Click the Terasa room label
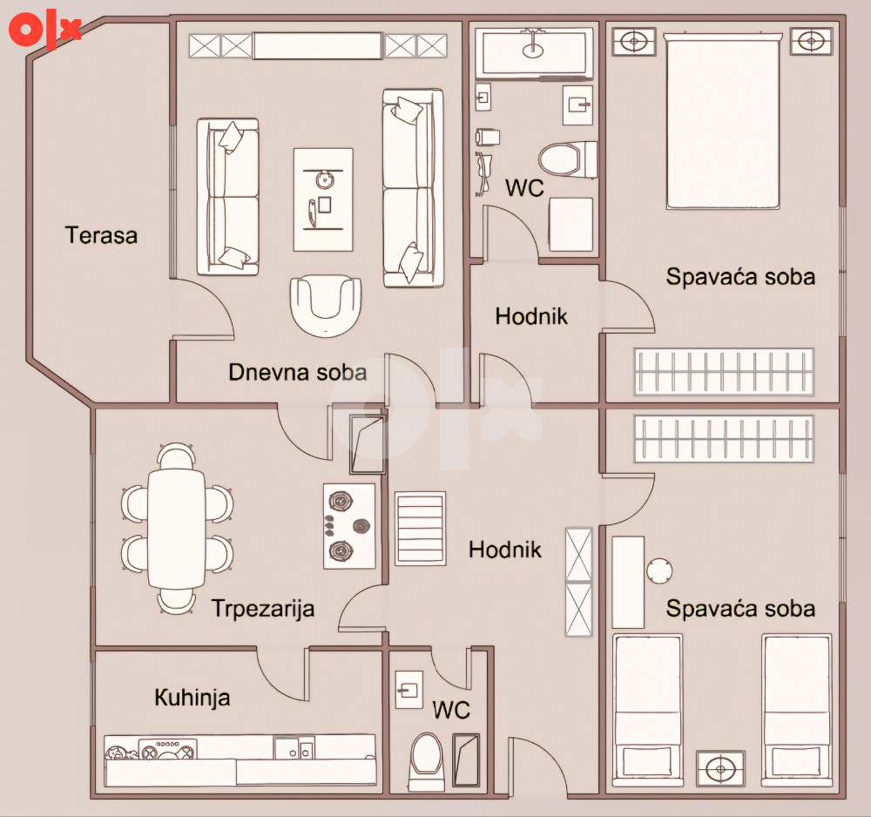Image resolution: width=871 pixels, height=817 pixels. tap(101, 235)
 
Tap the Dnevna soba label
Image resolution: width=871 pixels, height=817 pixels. tap(298, 372)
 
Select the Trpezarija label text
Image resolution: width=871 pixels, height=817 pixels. tap(263, 609)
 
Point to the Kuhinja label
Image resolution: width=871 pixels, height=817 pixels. tap(192, 698)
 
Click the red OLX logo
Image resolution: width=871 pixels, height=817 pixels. tap(44, 29)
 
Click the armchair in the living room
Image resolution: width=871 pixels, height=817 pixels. tap(326, 306)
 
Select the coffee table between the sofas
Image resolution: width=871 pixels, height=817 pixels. tap(323, 199)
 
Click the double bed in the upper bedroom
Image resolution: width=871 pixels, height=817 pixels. tap(723, 121)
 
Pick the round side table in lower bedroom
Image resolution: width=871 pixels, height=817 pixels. tap(659, 571)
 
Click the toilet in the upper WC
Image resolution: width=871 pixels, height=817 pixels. tap(567, 159)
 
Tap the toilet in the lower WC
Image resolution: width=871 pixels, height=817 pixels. tap(427, 761)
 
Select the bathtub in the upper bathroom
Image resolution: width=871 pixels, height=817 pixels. tap(534, 53)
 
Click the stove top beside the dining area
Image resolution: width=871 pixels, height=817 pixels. tap(349, 526)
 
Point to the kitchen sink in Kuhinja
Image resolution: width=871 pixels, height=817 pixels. tap(294, 747)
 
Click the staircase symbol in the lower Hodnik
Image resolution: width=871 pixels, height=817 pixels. tap(421, 528)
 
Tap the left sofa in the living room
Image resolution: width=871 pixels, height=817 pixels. tap(227, 197)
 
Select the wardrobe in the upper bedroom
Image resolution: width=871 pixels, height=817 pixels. tap(724, 372)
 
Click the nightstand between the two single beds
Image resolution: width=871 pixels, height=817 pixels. tap(720, 769)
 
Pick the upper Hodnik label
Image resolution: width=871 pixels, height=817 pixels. tap(531, 316)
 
